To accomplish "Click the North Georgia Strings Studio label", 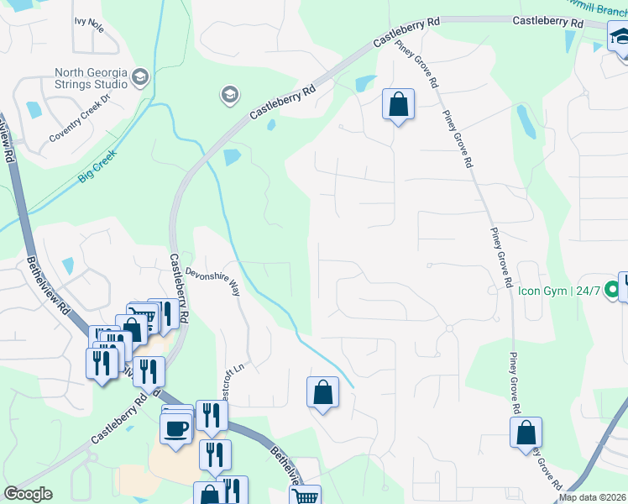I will (x=91, y=78).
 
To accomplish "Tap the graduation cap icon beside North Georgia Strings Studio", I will (x=140, y=77).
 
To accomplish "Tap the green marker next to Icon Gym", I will (x=613, y=291).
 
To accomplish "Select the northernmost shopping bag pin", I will (x=399, y=105).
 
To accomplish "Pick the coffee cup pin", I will (x=176, y=428).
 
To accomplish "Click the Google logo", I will (x=28, y=494).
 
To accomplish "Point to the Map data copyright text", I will (x=593, y=497).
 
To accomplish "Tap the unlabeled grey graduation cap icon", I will (x=229, y=95).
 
